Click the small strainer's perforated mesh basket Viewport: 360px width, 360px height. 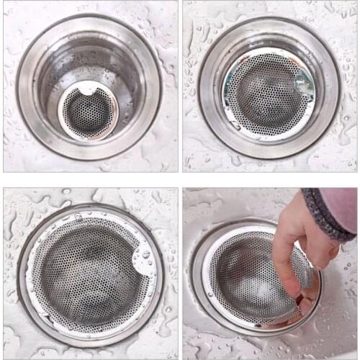click(x=87, y=114)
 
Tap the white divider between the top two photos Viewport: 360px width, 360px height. click(x=180, y=86)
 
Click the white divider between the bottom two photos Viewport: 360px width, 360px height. click(x=180, y=274)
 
